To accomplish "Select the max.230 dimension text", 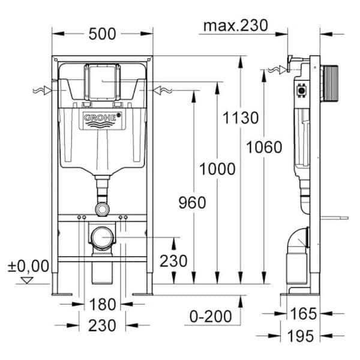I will (235, 26).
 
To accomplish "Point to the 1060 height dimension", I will (264, 147).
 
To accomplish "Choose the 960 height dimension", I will (191, 202).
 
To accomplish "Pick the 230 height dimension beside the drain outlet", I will (173, 262).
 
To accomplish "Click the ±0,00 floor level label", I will (28, 265).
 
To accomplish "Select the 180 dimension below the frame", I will (101, 304).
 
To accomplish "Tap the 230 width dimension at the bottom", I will (101, 325).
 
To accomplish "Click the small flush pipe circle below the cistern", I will (102, 208).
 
